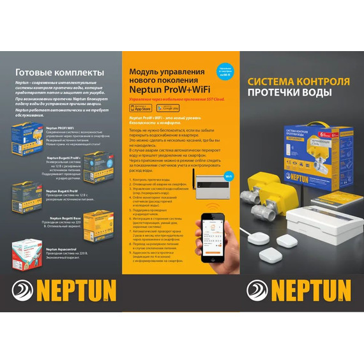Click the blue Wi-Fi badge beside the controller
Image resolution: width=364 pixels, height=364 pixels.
[229, 156]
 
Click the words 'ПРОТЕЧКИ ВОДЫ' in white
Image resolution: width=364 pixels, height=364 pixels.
[289, 93]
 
